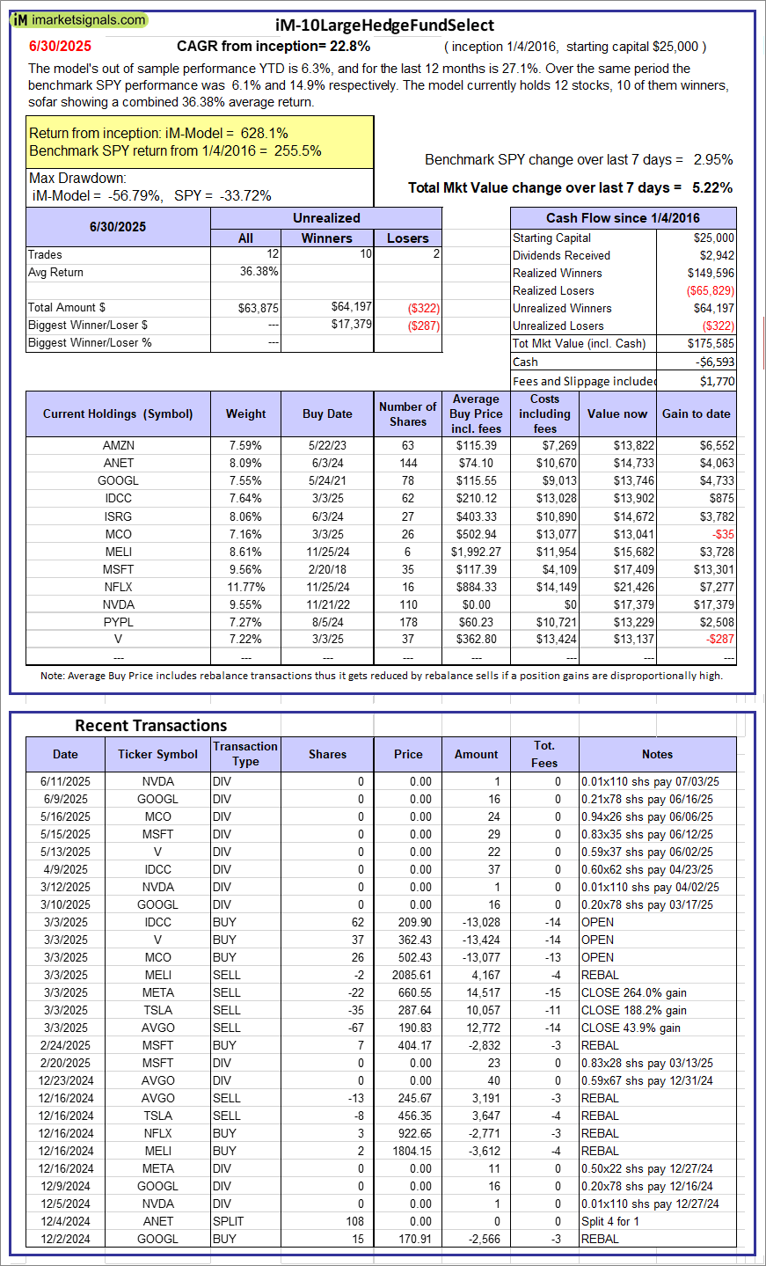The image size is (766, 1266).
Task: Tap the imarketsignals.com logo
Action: pyautogui.click(x=80, y=19)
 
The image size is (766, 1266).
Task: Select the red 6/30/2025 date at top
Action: pyautogui.click(x=60, y=47)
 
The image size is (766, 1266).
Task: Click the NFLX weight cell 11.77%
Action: pyautogui.click(x=245, y=587)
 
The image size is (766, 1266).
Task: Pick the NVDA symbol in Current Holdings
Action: pyautogui.click(x=118, y=604)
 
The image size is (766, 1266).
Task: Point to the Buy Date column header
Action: pyautogui.click(x=327, y=413)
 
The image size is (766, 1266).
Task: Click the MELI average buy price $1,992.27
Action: pyautogui.click(x=476, y=552)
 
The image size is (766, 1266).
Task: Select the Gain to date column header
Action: pyautogui.click(x=697, y=413)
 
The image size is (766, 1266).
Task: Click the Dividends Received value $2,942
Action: pyautogui.click(x=715, y=255)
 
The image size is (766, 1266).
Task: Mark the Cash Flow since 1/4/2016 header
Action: pyautogui.click(x=623, y=218)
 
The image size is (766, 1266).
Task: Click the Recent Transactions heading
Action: pyautogui.click(x=150, y=726)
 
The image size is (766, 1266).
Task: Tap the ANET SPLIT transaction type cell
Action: pyautogui.click(x=228, y=1221)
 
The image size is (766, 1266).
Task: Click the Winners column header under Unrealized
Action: pyautogui.click(x=326, y=238)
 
